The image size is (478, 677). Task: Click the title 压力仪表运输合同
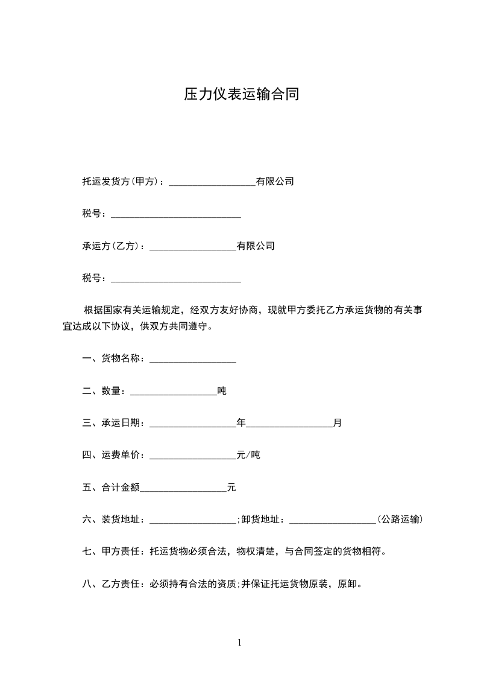pyautogui.click(x=241, y=95)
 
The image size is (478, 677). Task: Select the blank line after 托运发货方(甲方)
pyautogui.click(x=212, y=183)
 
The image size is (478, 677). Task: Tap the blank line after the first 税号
pyautogui.click(x=176, y=215)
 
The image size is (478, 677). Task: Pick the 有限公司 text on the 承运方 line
pyautogui.click(x=256, y=246)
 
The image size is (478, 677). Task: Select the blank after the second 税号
pyautogui.click(x=176, y=281)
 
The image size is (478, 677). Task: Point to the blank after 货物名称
pyautogui.click(x=192, y=361)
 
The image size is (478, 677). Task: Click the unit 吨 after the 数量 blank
pyautogui.click(x=222, y=391)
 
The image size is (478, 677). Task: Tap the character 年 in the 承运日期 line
pyautogui.click(x=241, y=423)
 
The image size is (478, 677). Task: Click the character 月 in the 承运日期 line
pyautogui.click(x=338, y=423)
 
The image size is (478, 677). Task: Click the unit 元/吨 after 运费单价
pyautogui.click(x=248, y=455)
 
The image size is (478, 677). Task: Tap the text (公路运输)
pyautogui.click(x=399, y=520)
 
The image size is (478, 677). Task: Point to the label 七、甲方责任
pyautogui.click(x=110, y=551)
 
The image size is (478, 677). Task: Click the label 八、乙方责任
pyautogui.click(x=110, y=584)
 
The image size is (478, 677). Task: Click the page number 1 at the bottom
pyautogui.click(x=239, y=643)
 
